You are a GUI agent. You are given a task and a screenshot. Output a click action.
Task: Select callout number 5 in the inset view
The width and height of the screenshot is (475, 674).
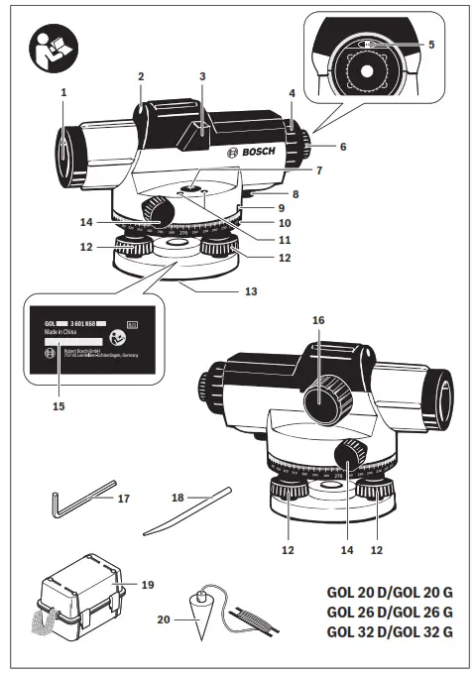click(431, 45)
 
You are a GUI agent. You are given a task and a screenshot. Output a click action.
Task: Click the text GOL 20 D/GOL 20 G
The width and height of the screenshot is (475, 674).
click(390, 593)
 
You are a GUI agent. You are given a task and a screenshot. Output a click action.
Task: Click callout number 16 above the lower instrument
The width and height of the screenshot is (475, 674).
click(318, 321)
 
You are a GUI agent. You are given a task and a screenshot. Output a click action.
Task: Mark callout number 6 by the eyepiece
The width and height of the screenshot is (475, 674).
click(343, 147)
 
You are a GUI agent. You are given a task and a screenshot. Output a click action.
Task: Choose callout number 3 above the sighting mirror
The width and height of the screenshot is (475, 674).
click(201, 76)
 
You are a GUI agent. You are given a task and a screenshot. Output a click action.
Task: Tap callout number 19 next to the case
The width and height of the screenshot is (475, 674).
click(147, 586)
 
